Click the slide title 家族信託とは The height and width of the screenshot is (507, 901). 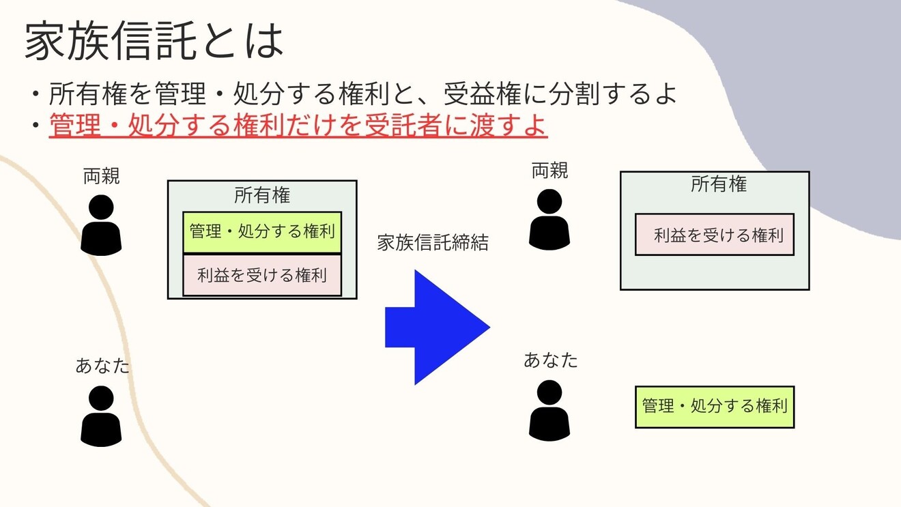[x=154, y=41]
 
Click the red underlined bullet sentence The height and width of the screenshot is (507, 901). [x=298, y=127]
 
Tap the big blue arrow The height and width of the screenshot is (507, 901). [x=437, y=328]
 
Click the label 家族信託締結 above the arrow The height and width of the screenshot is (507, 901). [x=433, y=243]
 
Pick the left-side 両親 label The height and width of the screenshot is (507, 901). [x=102, y=177]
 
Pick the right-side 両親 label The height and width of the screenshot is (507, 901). [x=549, y=171]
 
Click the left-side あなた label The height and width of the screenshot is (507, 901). [x=102, y=366]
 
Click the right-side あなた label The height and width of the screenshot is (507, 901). [x=550, y=360]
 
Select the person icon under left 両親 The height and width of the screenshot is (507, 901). [x=101, y=226]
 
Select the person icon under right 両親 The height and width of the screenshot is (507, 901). [x=549, y=220]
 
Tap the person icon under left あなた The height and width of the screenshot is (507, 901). [x=101, y=416]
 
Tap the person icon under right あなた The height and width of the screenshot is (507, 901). [x=549, y=410]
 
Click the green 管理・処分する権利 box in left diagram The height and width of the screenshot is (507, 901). [x=262, y=232]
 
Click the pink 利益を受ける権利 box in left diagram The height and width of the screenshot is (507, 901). [x=262, y=276]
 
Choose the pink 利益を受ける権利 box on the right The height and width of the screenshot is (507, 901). [x=715, y=235]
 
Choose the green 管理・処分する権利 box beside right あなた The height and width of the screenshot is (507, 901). [x=715, y=407]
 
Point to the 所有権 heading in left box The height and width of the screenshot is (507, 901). [x=262, y=196]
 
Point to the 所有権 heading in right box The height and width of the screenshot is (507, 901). [x=719, y=184]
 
